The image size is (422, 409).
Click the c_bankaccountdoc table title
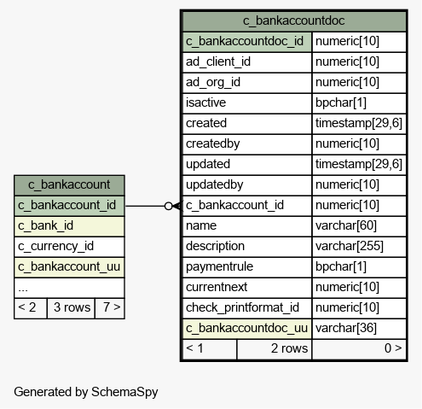click(x=293, y=20)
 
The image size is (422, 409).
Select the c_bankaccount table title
click(x=69, y=184)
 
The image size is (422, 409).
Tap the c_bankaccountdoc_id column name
click(x=245, y=41)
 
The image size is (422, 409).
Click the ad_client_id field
click(x=218, y=61)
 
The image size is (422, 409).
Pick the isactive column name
click(x=205, y=102)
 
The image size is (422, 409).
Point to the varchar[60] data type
click(x=346, y=225)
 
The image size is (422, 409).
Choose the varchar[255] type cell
click(x=350, y=246)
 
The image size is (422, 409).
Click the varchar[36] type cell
click(x=346, y=328)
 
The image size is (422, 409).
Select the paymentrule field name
click(x=219, y=266)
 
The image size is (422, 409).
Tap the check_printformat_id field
click(x=242, y=307)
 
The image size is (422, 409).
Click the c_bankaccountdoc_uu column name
click(x=246, y=328)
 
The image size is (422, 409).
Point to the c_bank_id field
click(x=45, y=225)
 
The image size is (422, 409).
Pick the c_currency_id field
click(x=55, y=246)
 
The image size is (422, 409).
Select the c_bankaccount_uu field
click(x=69, y=266)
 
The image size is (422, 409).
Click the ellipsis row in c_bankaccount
click(x=69, y=288)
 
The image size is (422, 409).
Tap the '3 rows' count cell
click(x=72, y=307)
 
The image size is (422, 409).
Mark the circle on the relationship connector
click(x=169, y=206)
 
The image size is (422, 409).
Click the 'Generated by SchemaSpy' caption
click(x=86, y=392)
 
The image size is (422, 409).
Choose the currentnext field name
click(x=217, y=287)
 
